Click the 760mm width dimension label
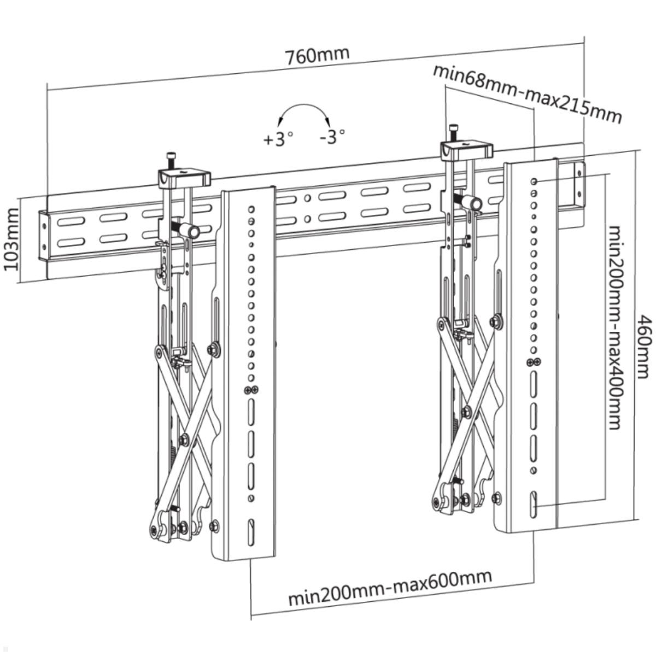317,55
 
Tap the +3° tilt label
278,139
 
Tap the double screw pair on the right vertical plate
534,362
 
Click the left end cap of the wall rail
43,235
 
